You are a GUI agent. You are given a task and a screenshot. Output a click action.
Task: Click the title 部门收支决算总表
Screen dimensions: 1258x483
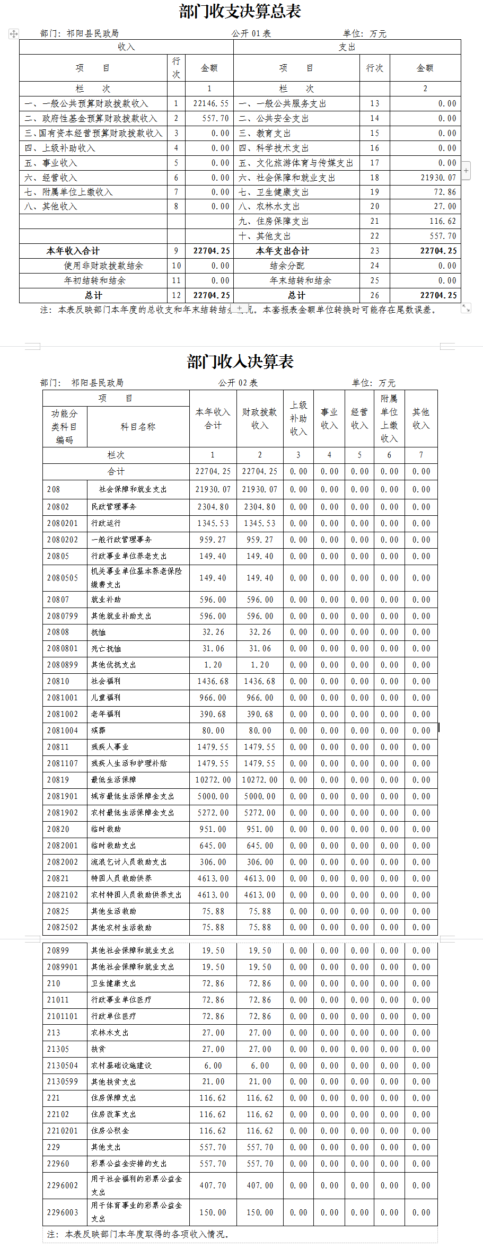click(x=240, y=12)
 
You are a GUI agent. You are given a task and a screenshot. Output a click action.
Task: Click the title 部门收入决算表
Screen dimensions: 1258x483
click(x=240, y=362)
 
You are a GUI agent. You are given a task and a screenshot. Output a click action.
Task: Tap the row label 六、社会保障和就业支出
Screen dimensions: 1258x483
click(x=287, y=178)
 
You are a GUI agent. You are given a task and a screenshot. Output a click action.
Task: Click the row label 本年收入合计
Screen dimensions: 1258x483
click(x=73, y=251)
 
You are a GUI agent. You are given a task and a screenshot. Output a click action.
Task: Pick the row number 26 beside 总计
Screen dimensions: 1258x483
click(x=375, y=296)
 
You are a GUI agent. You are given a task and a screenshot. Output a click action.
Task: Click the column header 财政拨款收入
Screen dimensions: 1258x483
click(x=260, y=419)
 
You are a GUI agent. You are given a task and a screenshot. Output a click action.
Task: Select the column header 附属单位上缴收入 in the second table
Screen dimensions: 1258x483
click(x=389, y=419)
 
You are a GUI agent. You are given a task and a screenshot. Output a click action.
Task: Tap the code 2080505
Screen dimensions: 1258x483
click(x=63, y=578)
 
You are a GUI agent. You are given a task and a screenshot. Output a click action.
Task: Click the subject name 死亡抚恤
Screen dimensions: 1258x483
click(x=106, y=649)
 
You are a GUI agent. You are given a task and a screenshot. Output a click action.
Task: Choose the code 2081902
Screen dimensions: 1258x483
click(x=63, y=813)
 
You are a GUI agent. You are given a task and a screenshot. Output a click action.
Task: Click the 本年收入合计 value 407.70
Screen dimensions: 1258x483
click(x=213, y=1185)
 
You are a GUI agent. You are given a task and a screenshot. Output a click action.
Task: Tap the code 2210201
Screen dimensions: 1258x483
click(x=63, y=1131)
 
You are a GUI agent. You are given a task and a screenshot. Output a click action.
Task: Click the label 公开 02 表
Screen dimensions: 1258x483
click(x=238, y=383)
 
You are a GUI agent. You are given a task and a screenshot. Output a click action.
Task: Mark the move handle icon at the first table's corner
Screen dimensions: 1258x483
click(x=14, y=34)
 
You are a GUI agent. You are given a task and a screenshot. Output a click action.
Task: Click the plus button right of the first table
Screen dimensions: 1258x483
click(x=466, y=171)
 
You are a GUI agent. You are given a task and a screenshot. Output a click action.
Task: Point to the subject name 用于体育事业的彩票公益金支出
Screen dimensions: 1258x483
click(x=136, y=1212)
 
